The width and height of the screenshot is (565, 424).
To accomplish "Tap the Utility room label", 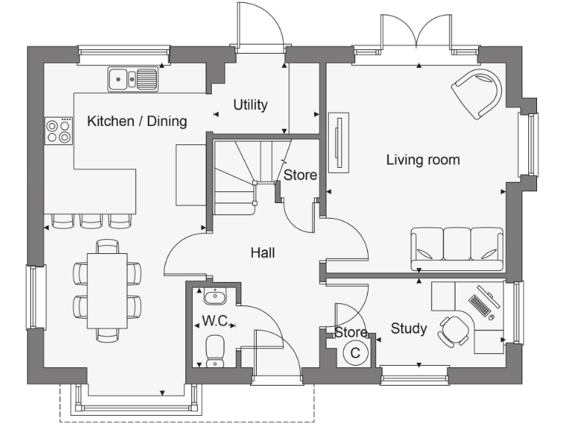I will tap(250, 105).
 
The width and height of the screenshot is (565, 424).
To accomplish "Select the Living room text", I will tap(423, 160).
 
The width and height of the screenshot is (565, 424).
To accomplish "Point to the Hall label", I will tap(263, 252).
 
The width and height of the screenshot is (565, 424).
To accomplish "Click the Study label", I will tap(408, 328).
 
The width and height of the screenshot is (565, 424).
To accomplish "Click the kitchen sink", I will tap(133, 79).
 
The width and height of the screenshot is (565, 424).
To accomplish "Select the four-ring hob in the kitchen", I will tap(60, 130).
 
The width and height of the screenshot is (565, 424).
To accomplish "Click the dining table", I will tap(107, 290).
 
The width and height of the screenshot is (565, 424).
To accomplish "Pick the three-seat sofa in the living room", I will tap(457, 248).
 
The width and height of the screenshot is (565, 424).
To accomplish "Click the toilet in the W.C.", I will tap(216, 350).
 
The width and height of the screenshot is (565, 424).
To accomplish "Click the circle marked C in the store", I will tap(355, 353).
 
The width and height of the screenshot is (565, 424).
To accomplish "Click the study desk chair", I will tap(454, 329).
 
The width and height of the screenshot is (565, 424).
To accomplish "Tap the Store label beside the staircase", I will tap(300, 175).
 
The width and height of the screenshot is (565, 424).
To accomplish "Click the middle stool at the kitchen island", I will tap(90, 220).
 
